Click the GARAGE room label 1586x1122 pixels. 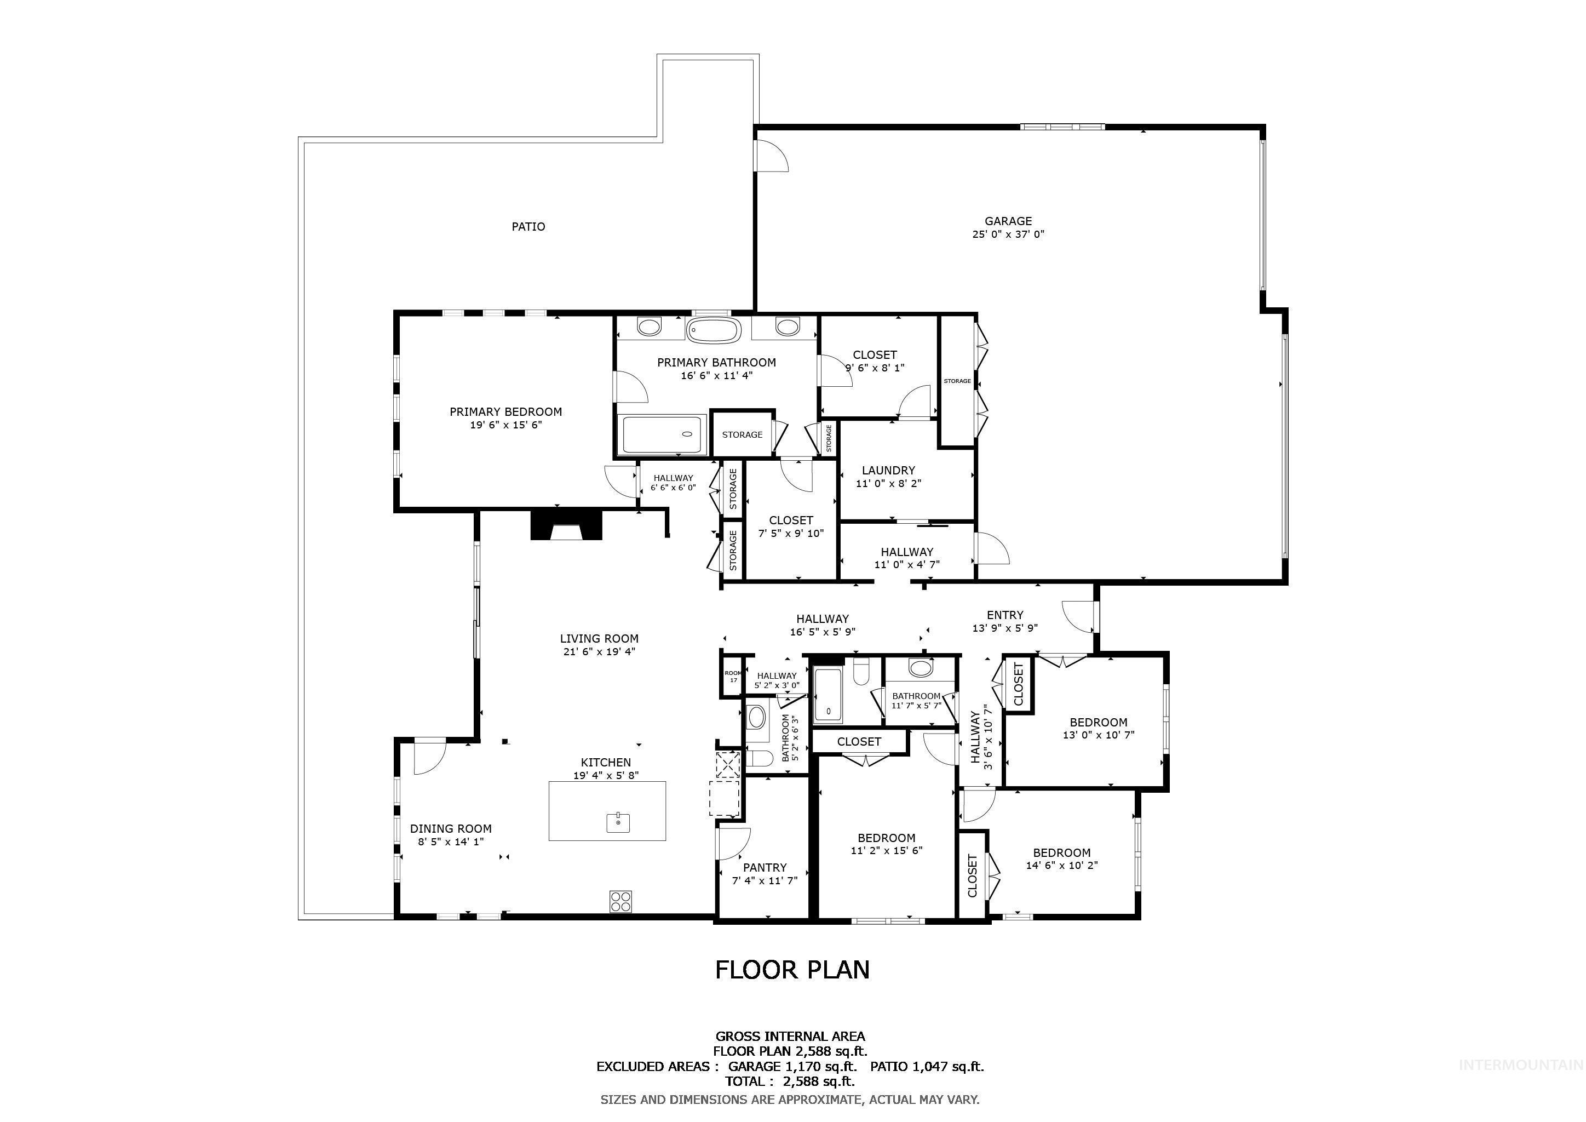click(1008, 221)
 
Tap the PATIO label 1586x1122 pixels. click(528, 227)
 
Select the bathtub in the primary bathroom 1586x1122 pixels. click(714, 330)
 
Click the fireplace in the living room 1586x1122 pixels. click(566, 525)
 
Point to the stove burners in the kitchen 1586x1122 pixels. click(620, 902)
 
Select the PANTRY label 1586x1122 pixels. click(765, 868)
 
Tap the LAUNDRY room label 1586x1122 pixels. click(888, 471)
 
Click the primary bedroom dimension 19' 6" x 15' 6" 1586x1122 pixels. click(505, 425)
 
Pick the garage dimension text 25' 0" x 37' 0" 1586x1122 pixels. click(1008, 234)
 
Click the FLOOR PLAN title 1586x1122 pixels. click(792, 970)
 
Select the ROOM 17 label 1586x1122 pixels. click(733, 677)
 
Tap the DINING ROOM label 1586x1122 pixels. click(450, 829)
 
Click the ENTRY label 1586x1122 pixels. click(1005, 615)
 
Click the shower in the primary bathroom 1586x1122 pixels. click(662, 434)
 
